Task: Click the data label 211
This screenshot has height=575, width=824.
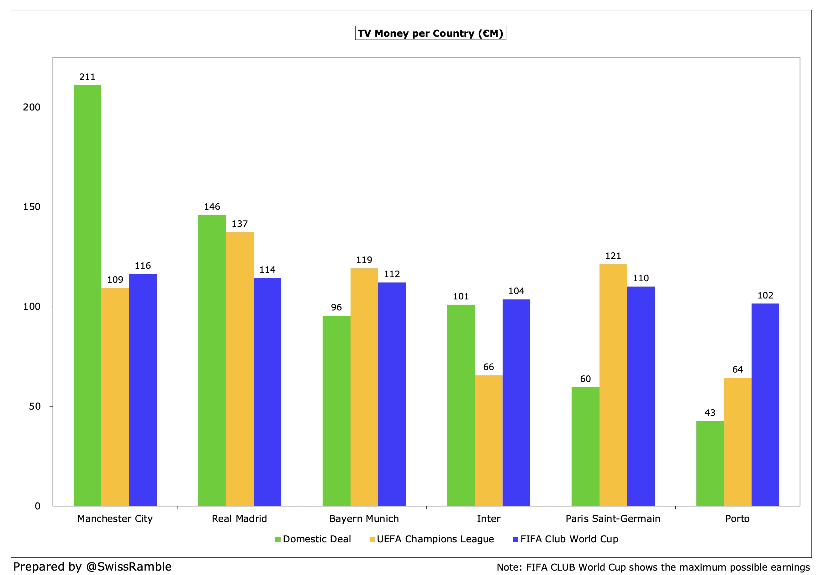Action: point(87,77)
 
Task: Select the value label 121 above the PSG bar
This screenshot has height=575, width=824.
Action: point(613,256)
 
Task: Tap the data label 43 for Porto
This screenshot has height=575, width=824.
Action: point(710,413)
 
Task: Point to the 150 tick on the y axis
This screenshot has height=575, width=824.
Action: point(32,207)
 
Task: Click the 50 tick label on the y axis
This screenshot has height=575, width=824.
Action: point(34,406)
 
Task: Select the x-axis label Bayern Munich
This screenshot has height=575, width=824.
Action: point(364,519)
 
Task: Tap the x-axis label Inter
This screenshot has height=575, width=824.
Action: point(488,519)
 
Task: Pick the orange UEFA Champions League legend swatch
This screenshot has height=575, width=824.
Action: point(372,539)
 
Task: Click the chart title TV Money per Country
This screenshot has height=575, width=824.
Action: point(430,33)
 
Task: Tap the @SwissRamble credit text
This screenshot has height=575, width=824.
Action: point(129,567)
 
